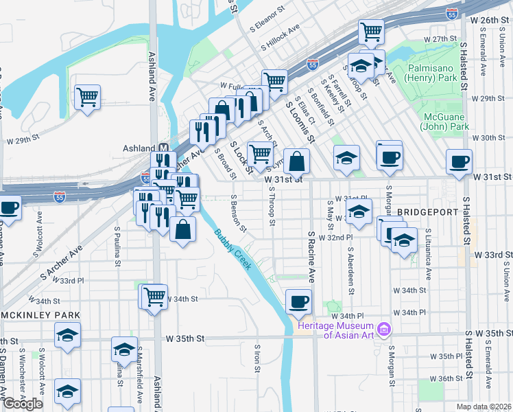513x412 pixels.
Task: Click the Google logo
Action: click(23, 404)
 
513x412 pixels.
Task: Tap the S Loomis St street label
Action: click(300, 119)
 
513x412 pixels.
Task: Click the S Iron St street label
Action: click(258, 359)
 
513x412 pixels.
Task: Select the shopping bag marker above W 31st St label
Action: click(296, 162)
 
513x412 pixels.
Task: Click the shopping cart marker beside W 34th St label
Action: click(155, 297)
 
